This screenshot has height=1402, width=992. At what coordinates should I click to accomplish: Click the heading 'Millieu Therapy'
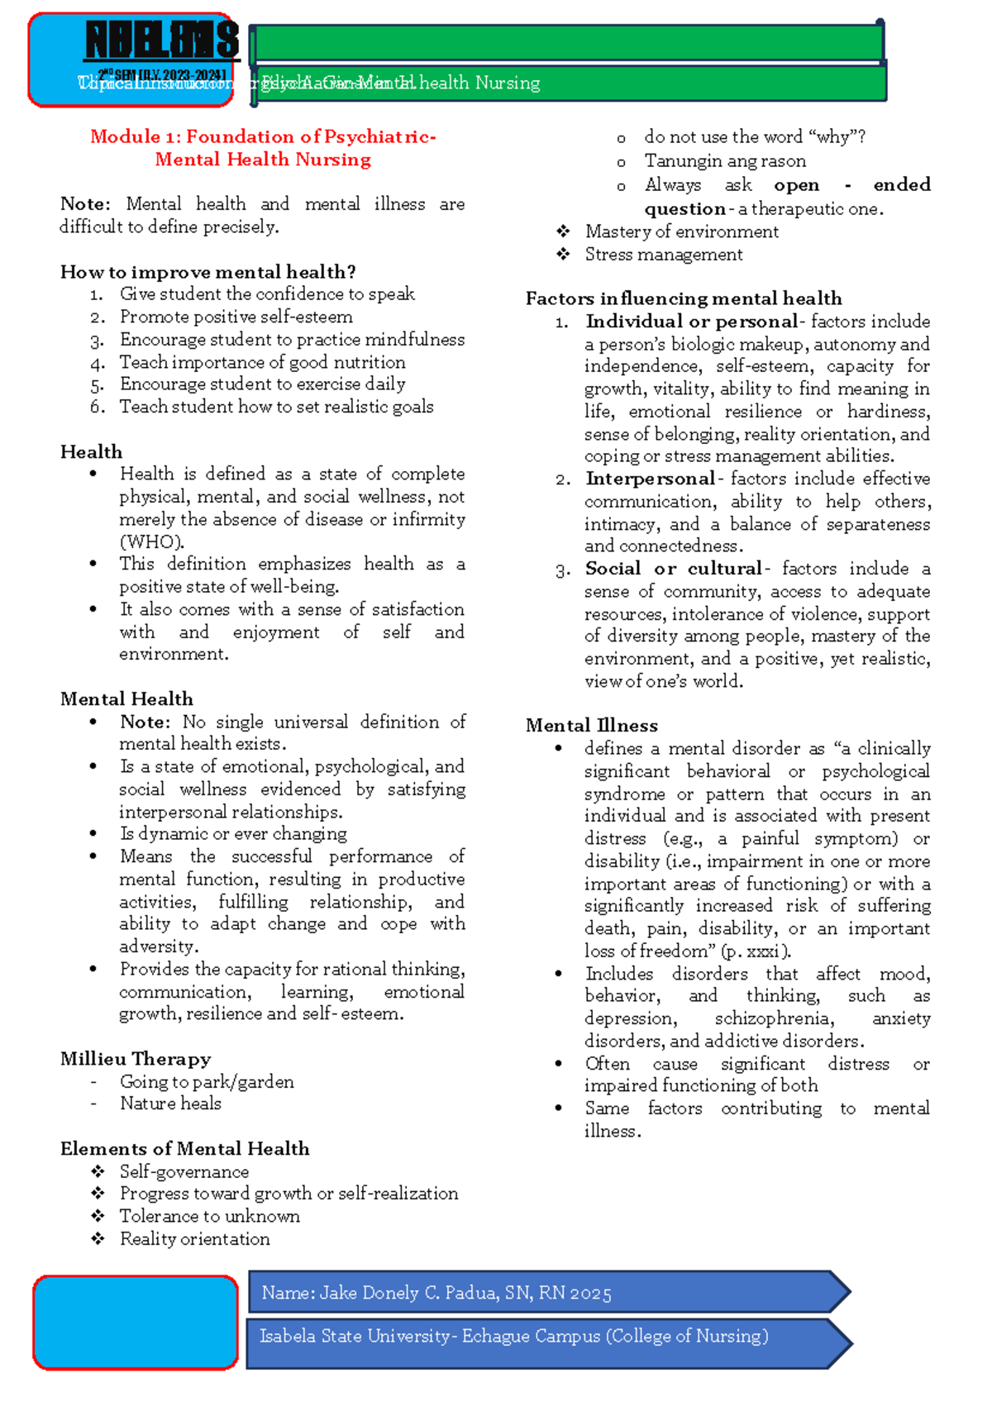136,1059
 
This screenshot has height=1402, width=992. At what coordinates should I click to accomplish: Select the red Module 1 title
263,148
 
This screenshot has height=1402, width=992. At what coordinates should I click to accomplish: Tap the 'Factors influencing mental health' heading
684,298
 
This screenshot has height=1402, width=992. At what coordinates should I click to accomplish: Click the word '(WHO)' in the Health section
151,542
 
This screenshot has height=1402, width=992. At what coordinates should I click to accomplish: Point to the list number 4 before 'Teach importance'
98,363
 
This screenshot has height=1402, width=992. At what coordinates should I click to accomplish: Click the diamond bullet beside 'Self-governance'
98,1171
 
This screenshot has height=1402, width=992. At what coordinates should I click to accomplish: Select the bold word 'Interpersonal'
650,479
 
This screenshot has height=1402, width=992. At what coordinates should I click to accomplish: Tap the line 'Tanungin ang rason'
725,161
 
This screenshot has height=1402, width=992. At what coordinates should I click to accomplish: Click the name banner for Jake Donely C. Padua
546,1293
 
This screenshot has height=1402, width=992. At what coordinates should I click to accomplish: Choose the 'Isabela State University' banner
546,1337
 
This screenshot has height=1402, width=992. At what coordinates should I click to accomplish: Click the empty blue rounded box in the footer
136,1322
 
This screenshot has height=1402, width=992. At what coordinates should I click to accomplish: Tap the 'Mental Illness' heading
592,726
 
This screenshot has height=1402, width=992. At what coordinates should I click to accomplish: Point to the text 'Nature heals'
170,1104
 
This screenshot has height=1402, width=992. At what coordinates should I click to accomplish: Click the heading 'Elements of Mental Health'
185,1149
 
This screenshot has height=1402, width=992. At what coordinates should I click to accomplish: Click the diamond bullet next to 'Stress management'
563,255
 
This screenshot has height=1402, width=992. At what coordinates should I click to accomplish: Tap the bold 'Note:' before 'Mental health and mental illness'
85,204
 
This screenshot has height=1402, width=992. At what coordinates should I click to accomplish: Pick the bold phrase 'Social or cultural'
673,569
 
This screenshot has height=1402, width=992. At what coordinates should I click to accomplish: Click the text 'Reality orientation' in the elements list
194,1239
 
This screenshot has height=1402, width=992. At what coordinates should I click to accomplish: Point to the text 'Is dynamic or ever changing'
233,834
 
